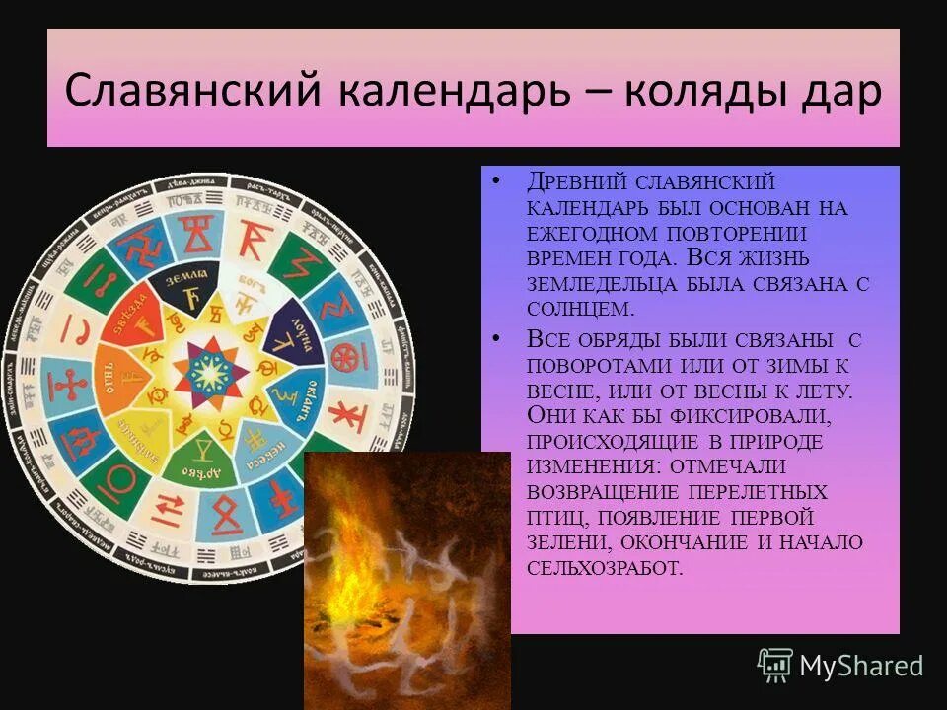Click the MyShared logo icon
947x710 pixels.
click(x=774, y=665)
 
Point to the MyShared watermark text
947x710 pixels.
click(x=861, y=666)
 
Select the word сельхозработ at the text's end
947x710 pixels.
click(x=603, y=568)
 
